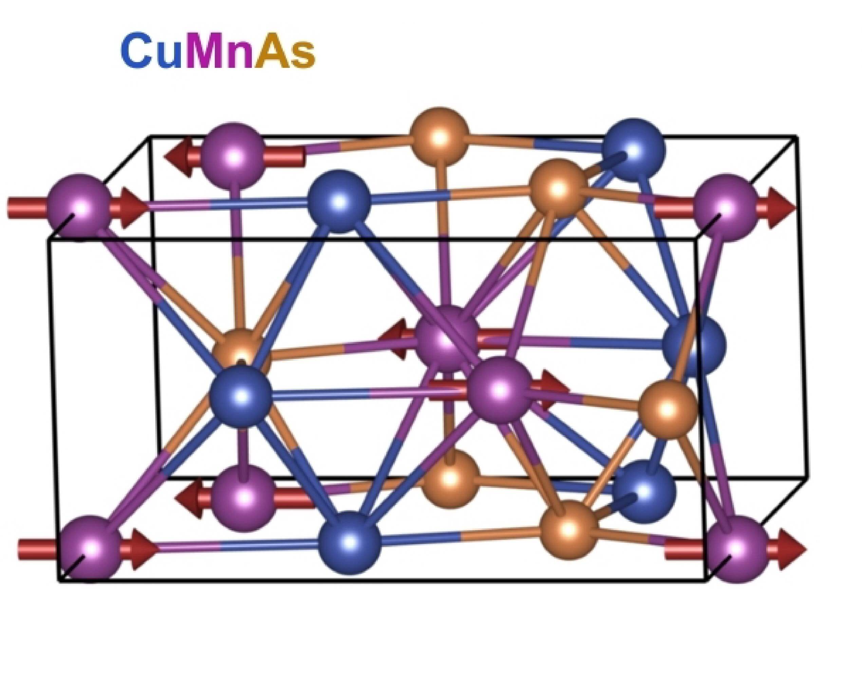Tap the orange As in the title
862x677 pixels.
285,51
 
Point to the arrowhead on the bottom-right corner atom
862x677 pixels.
791,549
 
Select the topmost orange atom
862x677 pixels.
439,137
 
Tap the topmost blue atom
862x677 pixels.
633,149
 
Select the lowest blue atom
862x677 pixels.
349,541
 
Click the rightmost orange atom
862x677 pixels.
669,408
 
